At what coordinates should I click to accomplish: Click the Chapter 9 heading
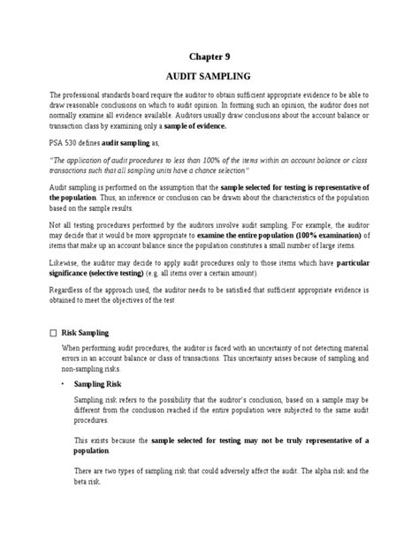209,56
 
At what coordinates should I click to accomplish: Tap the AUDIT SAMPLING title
209,77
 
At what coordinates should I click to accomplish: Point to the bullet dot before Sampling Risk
61,411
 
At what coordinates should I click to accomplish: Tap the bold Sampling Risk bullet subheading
99,411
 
